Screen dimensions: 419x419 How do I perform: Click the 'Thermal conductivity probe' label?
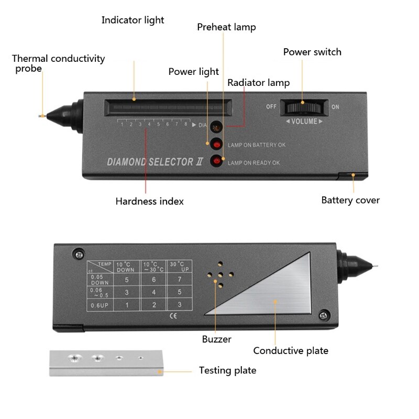coord(58,63)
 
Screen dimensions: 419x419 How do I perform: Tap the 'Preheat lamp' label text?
coord(226,27)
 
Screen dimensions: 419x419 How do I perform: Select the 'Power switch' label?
coord(312,52)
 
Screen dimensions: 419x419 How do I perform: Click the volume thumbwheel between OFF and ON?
coord(304,107)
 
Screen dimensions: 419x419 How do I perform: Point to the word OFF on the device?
coord(271,107)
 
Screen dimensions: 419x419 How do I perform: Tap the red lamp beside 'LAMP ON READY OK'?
coord(215,161)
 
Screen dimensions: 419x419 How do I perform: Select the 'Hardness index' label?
coord(149,201)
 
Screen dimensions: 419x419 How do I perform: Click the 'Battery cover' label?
coord(350,200)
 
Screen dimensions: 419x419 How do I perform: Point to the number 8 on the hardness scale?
coord(185,124)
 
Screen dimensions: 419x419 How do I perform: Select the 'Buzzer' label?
coord(216,339)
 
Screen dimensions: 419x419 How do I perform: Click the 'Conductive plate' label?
coord(291,350)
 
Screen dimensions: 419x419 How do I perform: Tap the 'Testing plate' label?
coord(227,371)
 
